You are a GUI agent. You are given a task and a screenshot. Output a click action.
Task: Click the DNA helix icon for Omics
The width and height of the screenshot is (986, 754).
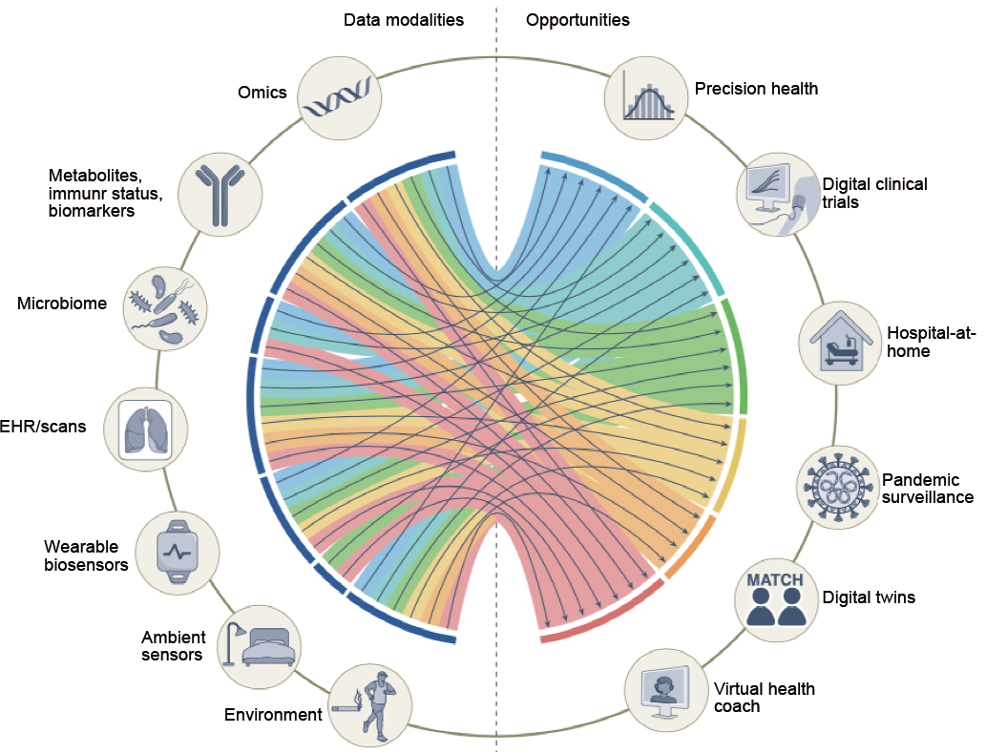coord(340,97)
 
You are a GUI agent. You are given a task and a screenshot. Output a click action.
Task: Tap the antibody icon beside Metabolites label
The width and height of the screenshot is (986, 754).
coord(220,195)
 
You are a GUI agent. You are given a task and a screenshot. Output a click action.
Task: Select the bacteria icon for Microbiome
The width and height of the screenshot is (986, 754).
coord(165,308)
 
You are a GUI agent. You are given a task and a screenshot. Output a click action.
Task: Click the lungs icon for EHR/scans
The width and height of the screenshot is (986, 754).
coord(146,429)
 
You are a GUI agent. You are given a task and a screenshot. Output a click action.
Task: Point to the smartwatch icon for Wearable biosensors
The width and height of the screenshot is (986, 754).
coord(178,553)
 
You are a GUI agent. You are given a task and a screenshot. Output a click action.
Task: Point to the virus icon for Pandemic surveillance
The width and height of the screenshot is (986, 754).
coord(837,486)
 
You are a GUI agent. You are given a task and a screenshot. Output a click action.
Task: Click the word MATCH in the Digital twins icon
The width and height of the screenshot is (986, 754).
coord(775,579)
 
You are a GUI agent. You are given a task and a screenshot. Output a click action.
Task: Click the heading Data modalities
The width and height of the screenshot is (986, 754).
coord(404,20)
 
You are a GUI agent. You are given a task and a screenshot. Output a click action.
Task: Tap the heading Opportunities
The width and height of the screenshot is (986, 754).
coord(577,20)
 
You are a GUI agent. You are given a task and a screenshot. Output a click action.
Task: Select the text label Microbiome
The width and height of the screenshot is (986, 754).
coord(62,304)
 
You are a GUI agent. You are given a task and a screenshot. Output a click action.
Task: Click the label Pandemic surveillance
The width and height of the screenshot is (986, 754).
coord(928,489)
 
